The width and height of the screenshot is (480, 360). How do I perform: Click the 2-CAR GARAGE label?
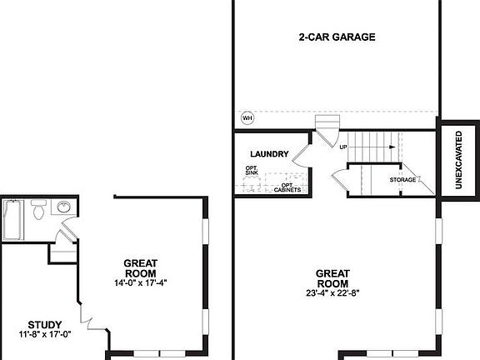337,37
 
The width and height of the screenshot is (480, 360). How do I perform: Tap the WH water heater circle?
247,117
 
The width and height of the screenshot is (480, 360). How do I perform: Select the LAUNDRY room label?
269,154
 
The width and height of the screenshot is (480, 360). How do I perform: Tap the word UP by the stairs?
342,147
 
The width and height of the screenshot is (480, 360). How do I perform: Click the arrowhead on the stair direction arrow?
390,147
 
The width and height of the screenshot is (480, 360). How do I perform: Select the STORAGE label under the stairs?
402,180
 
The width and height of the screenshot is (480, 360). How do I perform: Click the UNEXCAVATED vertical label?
459,158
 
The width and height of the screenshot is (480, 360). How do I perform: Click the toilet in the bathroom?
37,215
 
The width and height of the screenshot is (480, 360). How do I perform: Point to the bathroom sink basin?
63,207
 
